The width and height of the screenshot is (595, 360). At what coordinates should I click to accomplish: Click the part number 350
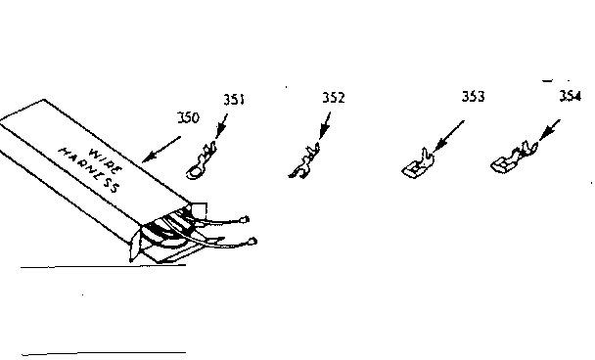point(188,117)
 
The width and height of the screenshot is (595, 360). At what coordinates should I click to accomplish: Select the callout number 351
point(234,99)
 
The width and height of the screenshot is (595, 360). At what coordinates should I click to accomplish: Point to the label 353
point(473,97)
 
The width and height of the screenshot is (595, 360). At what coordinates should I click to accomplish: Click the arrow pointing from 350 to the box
point(161,149)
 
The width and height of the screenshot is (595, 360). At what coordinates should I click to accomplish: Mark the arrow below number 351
point(220,125)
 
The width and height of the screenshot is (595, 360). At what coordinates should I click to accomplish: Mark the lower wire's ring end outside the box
point(252,241)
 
